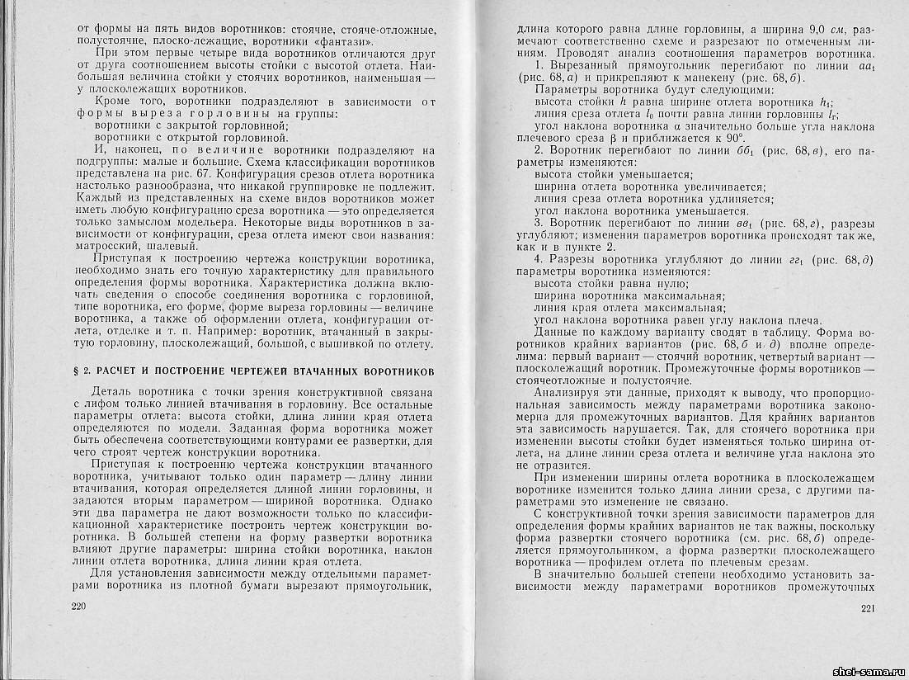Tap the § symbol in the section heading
pyautogui.click(x=78, y=371)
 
